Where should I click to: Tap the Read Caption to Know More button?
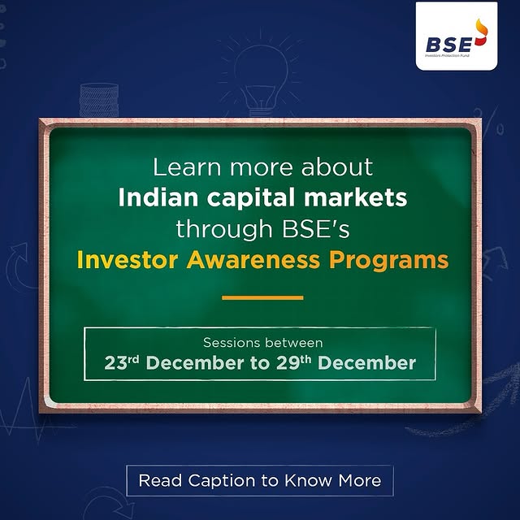click(260, 480)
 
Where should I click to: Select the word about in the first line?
click(335, 168)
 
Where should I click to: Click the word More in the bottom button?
click(355, 480)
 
